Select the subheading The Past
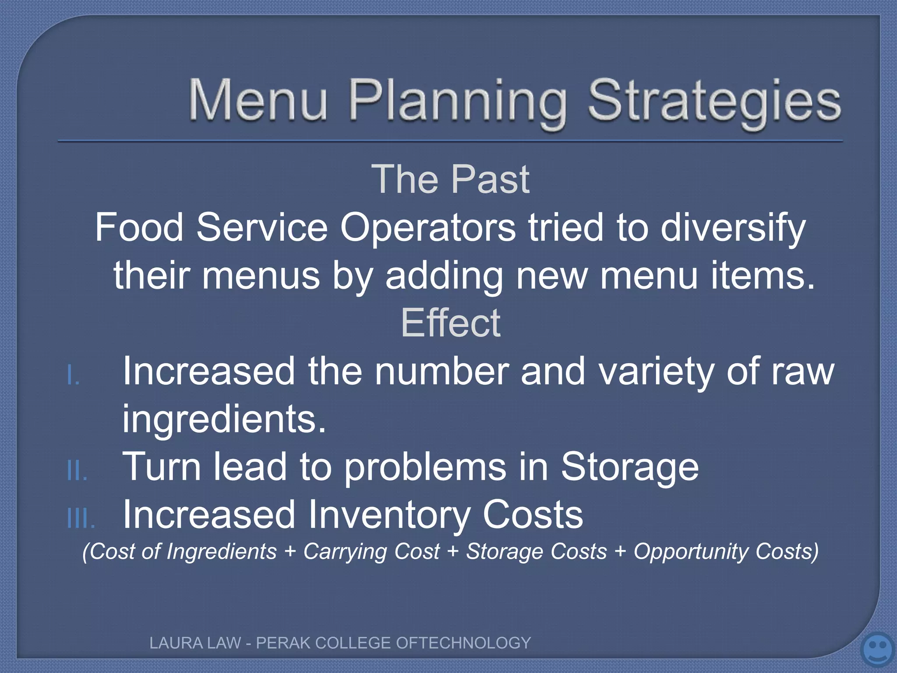[x=450, y=179]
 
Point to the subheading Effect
[x=450, y=323]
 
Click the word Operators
[x=428, y=227]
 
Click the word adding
[x=444, y=276]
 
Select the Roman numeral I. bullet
[x=74, y=376]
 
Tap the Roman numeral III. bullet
[x=81, y=519]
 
